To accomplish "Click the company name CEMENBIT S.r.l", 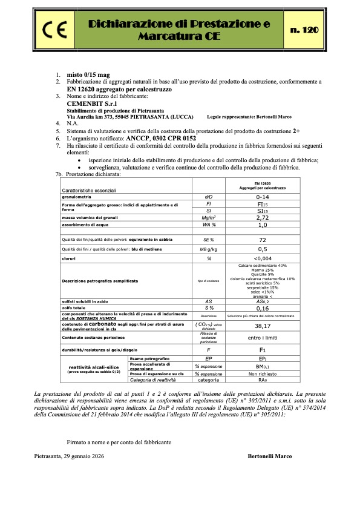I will pyautogui.click(x=91, y=103).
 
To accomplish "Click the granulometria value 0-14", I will pyautogui.click(x=262, y=197).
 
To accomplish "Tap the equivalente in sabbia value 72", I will pyautogui.click(x=262, y=240).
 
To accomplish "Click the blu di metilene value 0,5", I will pyautogui.click(x=262, y=249).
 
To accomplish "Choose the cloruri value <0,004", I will pyautogui.click(x=262, y=258).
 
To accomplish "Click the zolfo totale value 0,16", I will pyautogui.click(x=262, y=307).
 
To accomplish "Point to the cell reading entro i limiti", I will pyautogui.click(x=262, y=337).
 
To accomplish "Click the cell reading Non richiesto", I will pyautogui.click(x=262, y=375).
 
